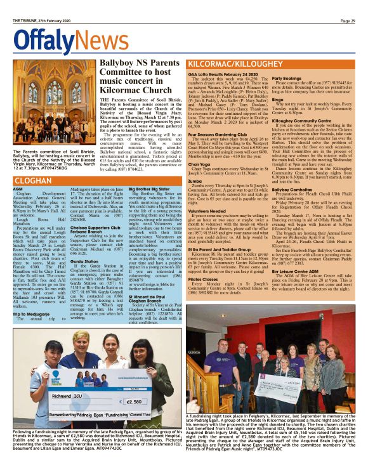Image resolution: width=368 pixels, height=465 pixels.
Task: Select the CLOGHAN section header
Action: click(32, 180)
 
